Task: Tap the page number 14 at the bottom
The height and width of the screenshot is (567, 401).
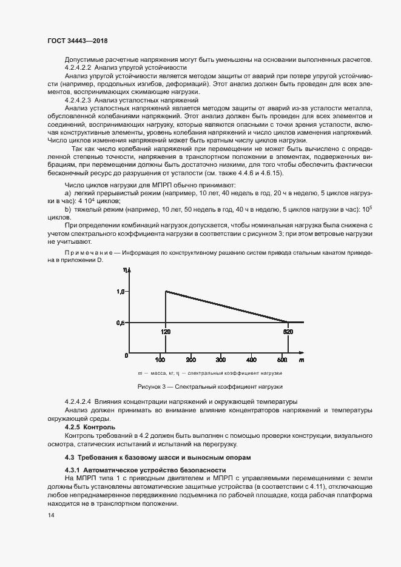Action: click(50, 515)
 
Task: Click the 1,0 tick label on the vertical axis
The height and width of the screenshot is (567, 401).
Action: click(120, 292)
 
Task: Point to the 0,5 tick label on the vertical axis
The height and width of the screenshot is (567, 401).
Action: click(120, 323)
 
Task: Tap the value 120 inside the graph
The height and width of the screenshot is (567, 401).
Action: click(166, 332)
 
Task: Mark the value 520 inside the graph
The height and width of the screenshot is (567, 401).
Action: click(289, 332)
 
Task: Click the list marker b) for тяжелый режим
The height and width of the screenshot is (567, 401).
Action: click(67, 210)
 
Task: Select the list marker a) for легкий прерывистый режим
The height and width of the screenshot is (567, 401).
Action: click(67, 193)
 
